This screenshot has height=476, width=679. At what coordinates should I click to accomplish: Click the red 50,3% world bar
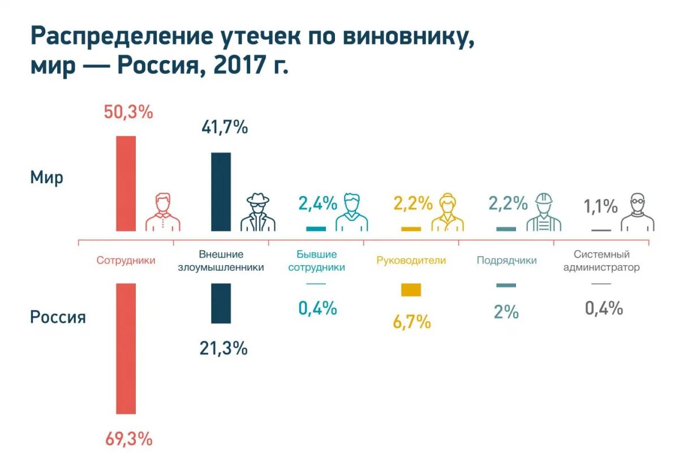click(x=126, y=183)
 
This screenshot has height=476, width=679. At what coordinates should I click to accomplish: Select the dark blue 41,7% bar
click(x=221, y=192)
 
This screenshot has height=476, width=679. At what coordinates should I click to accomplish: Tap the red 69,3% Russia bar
click(x=126, y=348)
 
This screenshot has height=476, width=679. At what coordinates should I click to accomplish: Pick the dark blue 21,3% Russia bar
click(x=221, y=303)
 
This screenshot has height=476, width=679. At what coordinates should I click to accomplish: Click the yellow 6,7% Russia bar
click(x=411, y=289)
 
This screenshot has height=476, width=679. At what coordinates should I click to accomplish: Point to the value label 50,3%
click(x=128, y=112)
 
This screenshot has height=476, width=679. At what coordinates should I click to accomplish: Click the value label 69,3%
click(x=128, y=439)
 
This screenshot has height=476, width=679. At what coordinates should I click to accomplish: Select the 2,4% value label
click(x=317, y=204)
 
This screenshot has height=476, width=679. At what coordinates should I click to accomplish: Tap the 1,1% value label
click(x=600, y=206)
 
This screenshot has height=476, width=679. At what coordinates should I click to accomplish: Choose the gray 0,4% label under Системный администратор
click(x=604, y=308)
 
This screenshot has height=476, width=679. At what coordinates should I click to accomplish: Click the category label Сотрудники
click(x=126, y=261)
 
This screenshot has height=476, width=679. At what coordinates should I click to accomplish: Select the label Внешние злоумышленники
click(x=221, y=261)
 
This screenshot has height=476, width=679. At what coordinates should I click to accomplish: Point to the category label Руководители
click(x=411, y=261)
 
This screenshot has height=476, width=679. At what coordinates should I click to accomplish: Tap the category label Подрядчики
click(x=506, y=261)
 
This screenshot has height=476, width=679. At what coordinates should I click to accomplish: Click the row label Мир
click(x=46, y=178)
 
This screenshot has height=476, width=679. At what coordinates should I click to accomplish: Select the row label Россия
click(x=58, y=317)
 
